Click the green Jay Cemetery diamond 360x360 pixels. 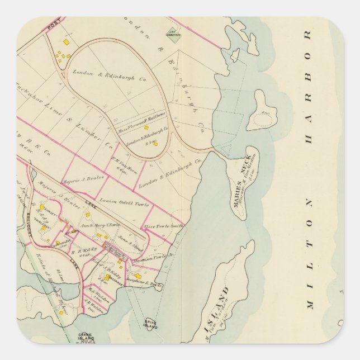[x=174, y=37]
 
